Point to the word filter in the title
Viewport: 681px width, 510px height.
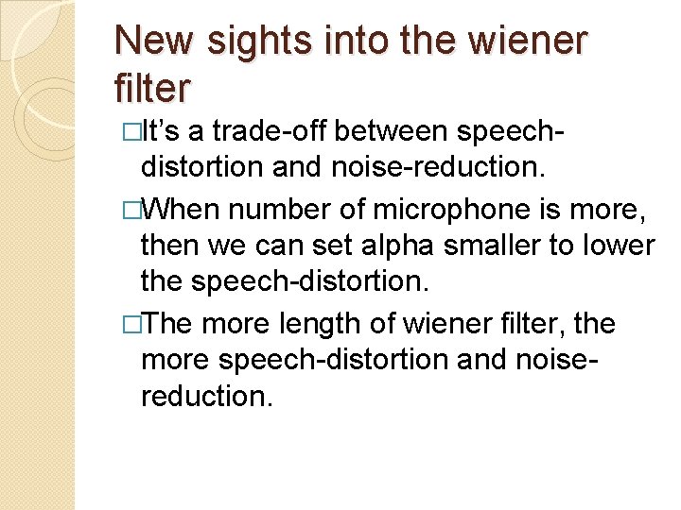[152, 89]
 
